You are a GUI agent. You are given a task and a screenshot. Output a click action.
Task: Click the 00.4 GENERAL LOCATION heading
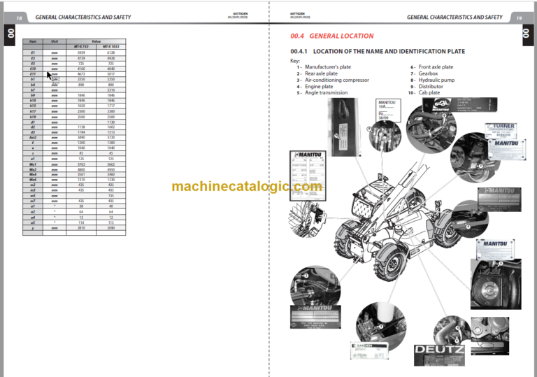(331, 36)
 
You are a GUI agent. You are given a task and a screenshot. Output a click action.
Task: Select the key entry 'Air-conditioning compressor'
(331, 80)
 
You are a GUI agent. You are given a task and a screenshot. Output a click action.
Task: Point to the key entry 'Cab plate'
(429, 92)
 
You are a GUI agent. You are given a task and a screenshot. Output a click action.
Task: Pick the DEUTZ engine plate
(438, 349)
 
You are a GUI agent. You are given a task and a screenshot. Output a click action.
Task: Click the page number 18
(19, 17)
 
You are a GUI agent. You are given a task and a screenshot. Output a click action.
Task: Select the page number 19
(519, 17)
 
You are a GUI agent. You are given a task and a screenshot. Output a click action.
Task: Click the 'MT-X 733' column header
(79, 47)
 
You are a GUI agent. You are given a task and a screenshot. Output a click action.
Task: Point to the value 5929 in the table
(80, 52)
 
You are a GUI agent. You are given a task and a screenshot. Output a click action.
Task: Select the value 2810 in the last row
(80, 228)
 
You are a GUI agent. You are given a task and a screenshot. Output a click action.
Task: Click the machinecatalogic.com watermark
(246, 186)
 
